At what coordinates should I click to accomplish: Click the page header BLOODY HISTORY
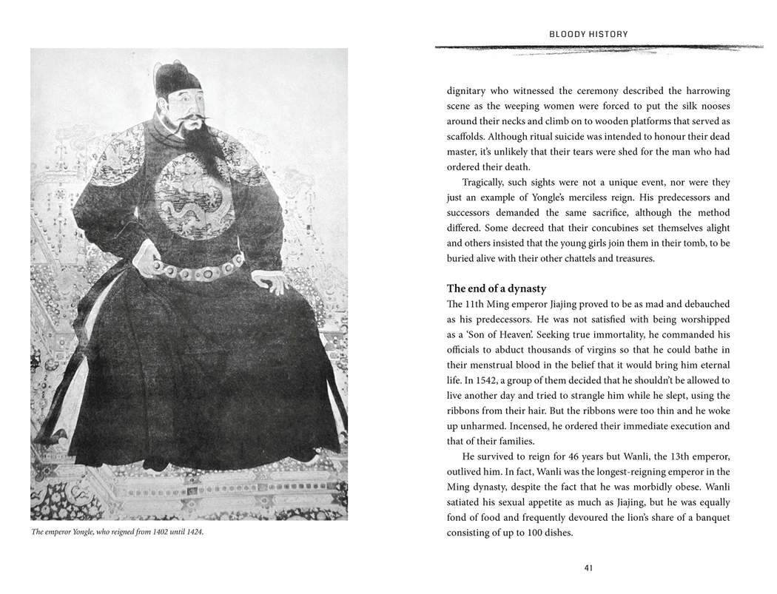point(588,34)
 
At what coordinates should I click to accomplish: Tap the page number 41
point(588,568)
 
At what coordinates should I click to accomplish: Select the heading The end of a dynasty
point(496,288)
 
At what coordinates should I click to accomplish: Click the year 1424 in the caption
point(194,532)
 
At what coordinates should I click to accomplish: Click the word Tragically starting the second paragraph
point(486,182)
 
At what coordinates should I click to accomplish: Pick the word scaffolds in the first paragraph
point(468,136)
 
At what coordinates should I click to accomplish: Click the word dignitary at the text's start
point(466,91)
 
